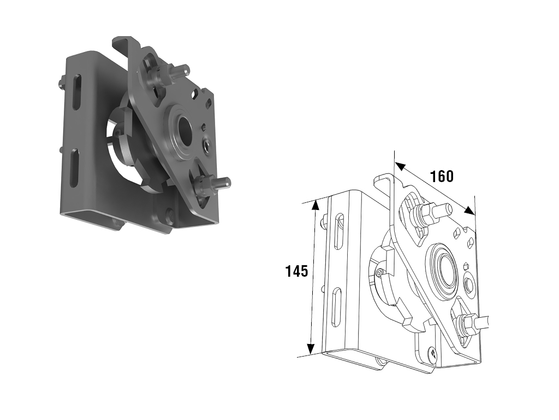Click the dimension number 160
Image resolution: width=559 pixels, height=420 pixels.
point(442,177)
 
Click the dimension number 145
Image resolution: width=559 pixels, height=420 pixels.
point(296,271)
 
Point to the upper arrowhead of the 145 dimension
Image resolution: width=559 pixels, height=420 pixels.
point(315,205)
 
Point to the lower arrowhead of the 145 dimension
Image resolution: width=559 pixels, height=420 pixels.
point(311,348)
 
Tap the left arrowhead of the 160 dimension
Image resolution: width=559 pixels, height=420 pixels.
point(400,166)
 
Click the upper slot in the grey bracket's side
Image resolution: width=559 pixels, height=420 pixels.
point(78,91)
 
